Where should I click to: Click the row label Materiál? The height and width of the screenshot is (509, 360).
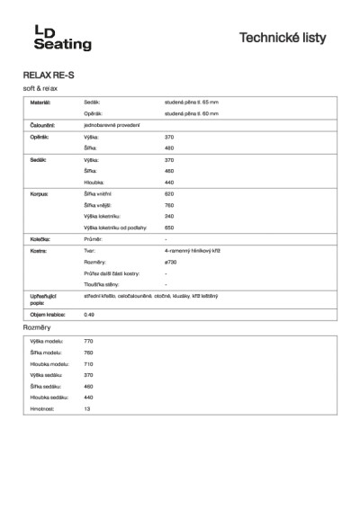tap(41, 103)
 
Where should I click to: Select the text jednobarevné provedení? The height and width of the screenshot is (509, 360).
tap(112, 125)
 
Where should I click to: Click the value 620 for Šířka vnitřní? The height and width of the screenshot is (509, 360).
tap(169, 193)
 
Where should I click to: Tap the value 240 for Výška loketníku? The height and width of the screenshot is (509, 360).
tap(169, 216)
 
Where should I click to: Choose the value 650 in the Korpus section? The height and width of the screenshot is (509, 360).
tap(169, 228)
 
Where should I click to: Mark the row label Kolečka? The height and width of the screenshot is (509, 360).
tap(40, 239)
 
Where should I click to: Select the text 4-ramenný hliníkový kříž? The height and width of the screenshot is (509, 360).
tap(193, 251)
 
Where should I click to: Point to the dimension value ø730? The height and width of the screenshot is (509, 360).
tap(170, 262)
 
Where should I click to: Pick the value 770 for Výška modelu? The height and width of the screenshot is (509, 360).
tap(113, 343)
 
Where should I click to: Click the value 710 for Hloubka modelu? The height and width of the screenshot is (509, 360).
tap(113, 364)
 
